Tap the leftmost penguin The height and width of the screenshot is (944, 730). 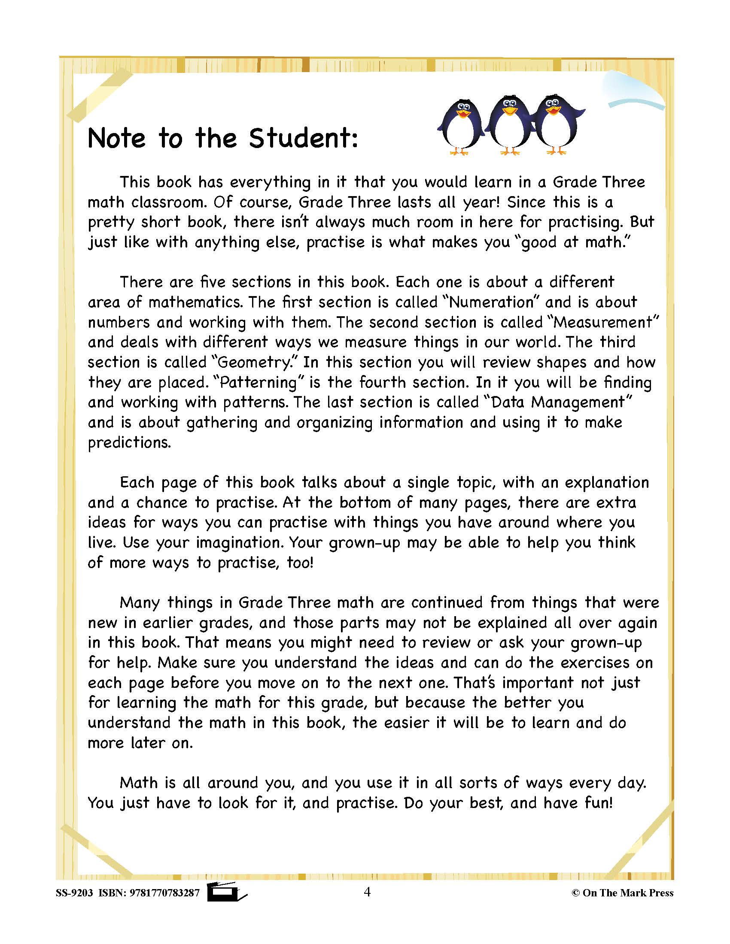pos(460,128)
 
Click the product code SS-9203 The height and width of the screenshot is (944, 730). pos(74,893)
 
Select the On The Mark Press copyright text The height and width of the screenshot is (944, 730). pos(623,893)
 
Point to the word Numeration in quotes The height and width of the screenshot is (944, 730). pos(491,302)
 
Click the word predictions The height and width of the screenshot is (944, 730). pos(129,443)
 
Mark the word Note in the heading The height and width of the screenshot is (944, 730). pos(116,138)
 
